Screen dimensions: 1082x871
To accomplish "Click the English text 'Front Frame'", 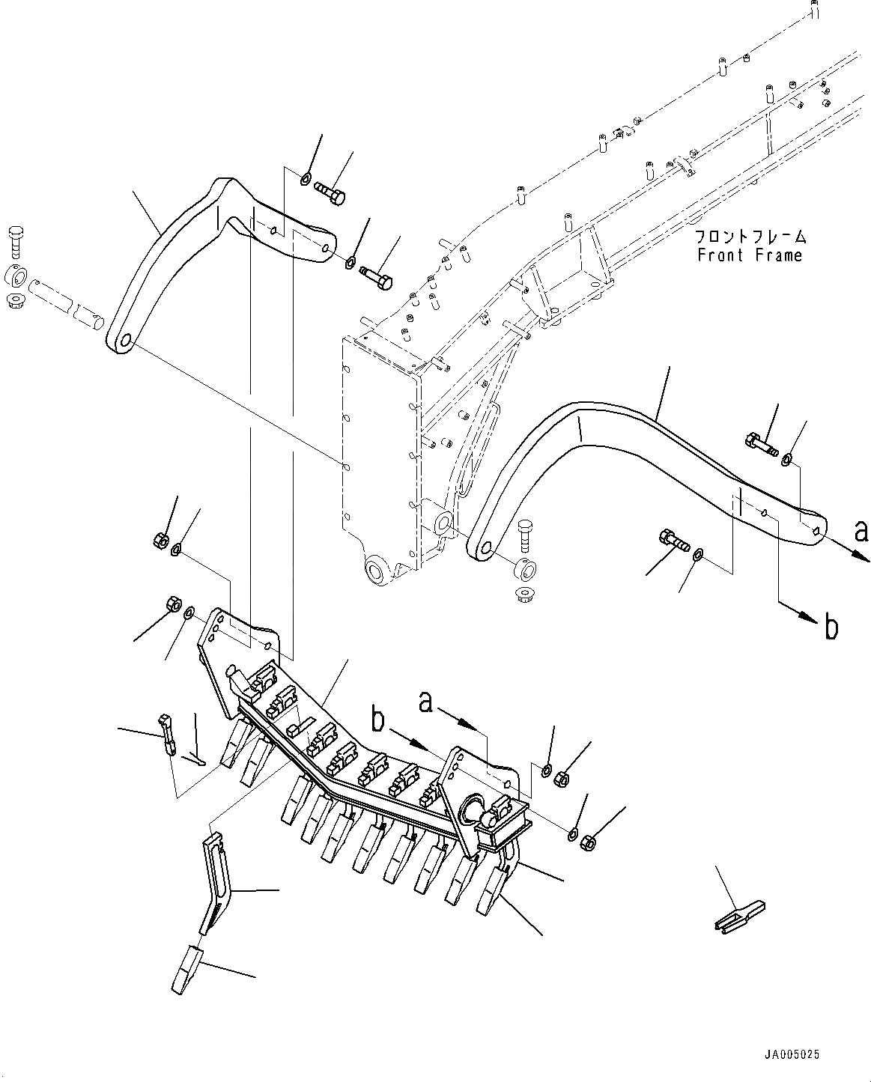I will [749, 255].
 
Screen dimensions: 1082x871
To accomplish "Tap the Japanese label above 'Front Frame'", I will [750, 237].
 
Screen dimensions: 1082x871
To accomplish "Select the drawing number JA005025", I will [792, 1054].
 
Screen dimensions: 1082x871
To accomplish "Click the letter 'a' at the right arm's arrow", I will [861, 532].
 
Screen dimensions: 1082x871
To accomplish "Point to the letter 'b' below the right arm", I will [831, 627].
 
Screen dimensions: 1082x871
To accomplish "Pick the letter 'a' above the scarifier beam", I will [426, 702].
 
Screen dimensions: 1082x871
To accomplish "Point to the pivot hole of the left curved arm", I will [122, 341].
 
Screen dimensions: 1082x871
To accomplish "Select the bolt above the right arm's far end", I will [758, 444].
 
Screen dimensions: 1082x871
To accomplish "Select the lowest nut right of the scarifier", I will [589, 842].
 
